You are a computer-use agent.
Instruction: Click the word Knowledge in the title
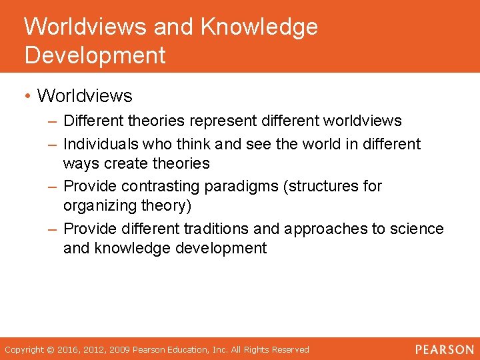(x=259, y=27)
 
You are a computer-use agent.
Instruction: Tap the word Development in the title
(x=95, y=55)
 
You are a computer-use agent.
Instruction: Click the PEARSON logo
(x=444, y=349)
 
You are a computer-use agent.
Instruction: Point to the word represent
(x=223, y=121)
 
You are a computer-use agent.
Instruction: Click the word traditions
(x=216, y=229)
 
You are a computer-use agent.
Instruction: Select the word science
(x=417, y=229)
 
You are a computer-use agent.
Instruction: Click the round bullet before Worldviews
(x=27, y=97)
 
